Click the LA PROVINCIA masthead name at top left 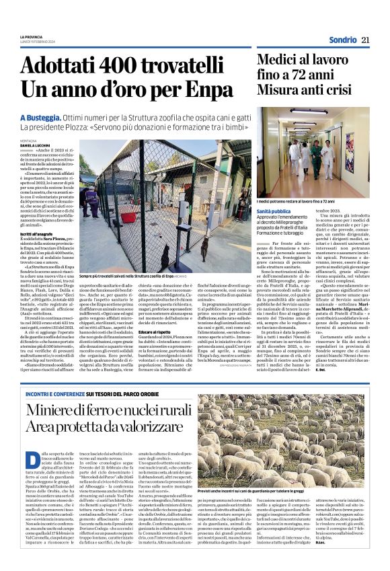(32, 36)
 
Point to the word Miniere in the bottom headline (54, 406)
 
